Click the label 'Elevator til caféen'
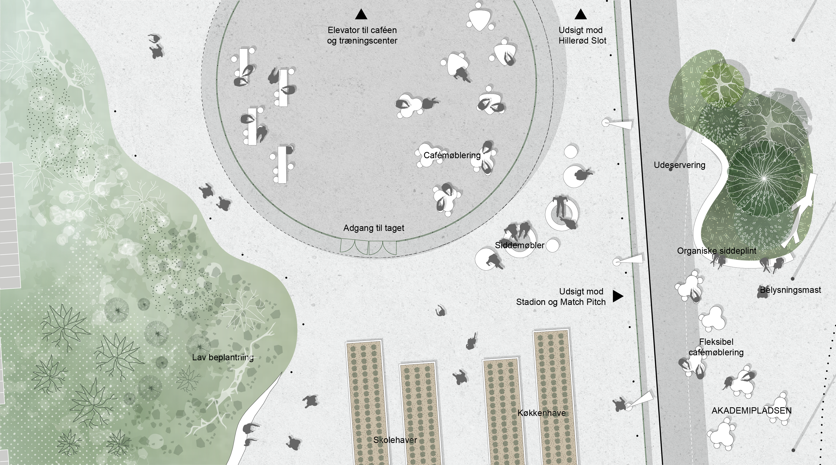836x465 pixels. [362, 30]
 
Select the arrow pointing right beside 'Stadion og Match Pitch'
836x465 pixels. [617, 296]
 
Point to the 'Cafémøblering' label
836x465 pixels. [452, 155]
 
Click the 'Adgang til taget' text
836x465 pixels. [374, 228]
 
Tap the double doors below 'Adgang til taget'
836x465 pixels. [368, 247]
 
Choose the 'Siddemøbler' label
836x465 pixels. [519, 245]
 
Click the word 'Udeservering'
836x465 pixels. [679, 165]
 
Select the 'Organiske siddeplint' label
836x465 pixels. [716, 251]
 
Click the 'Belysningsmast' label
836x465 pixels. [790, 290]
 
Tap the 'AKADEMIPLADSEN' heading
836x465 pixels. [751, 411]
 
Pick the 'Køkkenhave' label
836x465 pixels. [541, 413]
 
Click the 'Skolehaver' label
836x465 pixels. [395, 440]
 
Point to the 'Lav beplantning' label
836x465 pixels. [223, 357]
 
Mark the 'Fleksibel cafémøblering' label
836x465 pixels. [716, 347]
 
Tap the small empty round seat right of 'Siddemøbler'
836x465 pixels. [552, 246]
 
